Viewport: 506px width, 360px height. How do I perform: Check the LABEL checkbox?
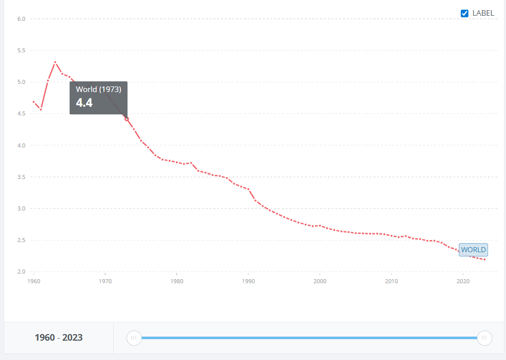click(464, 13)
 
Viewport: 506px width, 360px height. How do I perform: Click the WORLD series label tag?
click(473, 250)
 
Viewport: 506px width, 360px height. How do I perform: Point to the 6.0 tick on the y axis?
click(21, 19)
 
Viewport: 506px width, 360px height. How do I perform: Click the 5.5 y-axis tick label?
click(21, 50)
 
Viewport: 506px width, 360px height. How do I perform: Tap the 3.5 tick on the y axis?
click(21, 177)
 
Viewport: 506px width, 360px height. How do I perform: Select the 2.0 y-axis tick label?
click(21, 272)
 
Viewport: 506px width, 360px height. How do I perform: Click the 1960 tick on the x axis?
click(34, 281)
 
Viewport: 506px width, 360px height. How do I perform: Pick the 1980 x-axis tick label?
click(177, 281)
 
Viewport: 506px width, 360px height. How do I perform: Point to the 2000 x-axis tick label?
click(320, 281)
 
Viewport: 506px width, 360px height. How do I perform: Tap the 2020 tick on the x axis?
click(463, 281)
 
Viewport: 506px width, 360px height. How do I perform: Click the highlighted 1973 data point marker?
click(126, 119)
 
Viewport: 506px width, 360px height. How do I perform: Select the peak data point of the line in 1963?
click(55, 62)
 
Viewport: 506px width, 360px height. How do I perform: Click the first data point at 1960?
click(34, 102)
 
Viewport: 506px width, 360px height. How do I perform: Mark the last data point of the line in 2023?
click(485, 259)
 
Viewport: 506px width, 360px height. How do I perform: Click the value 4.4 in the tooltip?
click(84, 103)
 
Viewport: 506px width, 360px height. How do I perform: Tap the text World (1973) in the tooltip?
click(99, 89)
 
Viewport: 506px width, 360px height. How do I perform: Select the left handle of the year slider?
click(134, 338)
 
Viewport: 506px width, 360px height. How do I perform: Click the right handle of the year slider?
click(485, 338)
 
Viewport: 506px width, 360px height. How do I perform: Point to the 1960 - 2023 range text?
click(58, 338)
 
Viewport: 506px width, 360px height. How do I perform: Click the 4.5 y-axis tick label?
click(21, 114)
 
